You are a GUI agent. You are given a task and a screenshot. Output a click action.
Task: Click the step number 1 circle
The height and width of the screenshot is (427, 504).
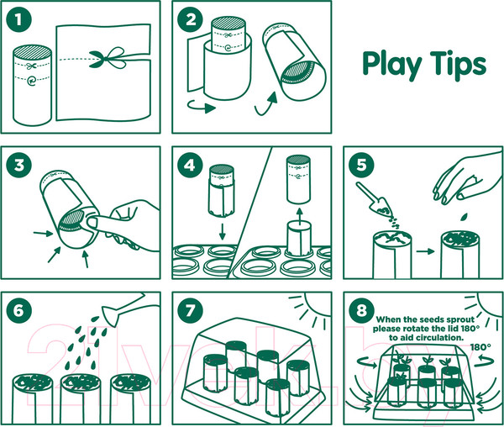(18, 19)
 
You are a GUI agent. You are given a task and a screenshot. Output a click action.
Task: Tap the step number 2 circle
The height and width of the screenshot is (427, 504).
(191, 19)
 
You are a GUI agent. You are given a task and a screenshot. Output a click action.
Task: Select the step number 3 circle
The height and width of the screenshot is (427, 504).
(18, 166)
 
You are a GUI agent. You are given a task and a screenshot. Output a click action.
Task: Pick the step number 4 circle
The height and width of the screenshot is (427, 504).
(191, 166)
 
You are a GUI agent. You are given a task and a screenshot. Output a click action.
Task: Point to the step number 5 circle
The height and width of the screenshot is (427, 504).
(361, 166)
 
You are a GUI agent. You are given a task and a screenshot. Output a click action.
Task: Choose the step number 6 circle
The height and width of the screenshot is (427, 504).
(18, 311)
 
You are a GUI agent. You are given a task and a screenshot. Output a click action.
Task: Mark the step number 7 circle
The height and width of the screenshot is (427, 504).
(191, 311)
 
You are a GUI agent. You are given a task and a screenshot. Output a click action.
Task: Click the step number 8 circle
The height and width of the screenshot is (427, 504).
(361, 311)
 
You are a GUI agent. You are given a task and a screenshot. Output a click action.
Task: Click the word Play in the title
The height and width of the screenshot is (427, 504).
(391, 65)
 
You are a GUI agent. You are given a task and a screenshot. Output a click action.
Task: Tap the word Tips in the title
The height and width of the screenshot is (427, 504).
(459, 65)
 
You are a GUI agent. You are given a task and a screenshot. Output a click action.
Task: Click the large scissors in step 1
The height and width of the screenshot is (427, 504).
(107, 58)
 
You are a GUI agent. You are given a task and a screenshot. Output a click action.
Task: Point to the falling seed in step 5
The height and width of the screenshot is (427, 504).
(464, 217)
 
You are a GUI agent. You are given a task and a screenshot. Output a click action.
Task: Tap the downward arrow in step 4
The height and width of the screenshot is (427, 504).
(222, 232)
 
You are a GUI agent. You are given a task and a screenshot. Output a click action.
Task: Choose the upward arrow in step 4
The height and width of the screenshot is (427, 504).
(299, 217)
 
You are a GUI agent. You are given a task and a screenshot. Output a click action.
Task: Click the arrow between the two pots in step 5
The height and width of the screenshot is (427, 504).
(425, 251)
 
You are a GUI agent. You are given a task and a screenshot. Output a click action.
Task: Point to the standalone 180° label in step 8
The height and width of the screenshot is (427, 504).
(480, 347)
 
